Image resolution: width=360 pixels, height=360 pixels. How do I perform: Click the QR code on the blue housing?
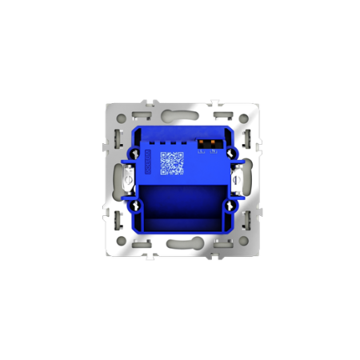tap(171, 162)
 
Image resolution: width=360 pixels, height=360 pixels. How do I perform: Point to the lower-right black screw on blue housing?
tap(231, 206)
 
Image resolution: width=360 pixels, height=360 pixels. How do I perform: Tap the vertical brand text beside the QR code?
tap(148, 162)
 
